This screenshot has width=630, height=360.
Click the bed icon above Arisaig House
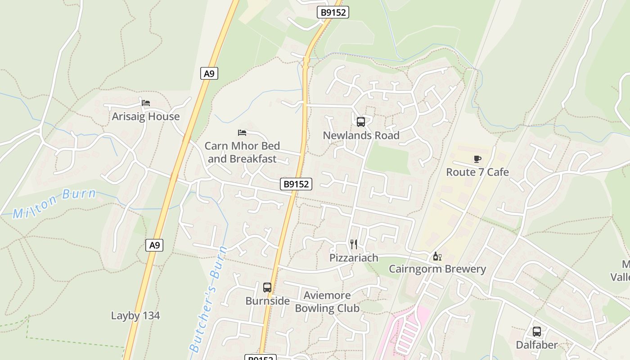click(x=145, y=103)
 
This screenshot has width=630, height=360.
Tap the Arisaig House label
click(x=145, y=117)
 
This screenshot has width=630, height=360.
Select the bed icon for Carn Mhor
click(x=242, y=132)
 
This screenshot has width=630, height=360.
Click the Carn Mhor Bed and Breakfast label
click(x=242, y=152)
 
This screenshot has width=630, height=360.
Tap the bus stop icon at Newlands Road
click(x=360, y=121)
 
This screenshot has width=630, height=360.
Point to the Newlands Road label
click(x=361, y=135)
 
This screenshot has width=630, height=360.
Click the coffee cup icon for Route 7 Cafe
click(x=477, y=159)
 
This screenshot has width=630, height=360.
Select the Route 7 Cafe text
click(x=477, y=172)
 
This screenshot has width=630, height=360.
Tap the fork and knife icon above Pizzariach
click(x=354, y=244)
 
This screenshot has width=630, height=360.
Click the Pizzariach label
click(x=354, y=258)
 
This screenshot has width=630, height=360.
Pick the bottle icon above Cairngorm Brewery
click(x=436, y=256)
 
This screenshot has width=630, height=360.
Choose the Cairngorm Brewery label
click(x=437, y=269)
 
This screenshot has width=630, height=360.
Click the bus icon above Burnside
click(x=267, y=287)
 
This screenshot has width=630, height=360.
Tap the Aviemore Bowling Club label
click(x=327, y=301)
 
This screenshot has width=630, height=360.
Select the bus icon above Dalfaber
click(x=536, y=332)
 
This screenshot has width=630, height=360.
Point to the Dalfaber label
click(x=536, y=345)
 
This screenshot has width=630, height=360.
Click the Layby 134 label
click(x=135, y=315)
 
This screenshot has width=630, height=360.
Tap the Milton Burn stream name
click(x=54, y=203)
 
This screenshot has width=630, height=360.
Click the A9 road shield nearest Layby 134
click(x=154, y=245)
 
